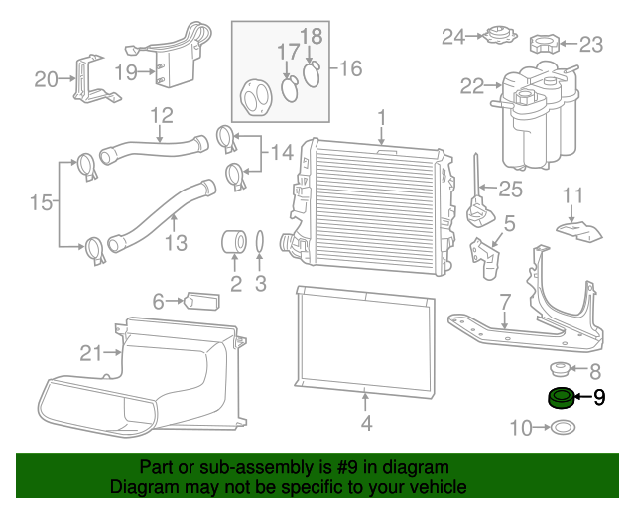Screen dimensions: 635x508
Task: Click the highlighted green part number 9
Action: click(561, 398)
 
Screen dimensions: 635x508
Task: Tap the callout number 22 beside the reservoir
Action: click(472, 86)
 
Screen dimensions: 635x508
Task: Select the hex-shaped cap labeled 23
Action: click(545, 44)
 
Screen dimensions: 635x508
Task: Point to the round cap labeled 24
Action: click(501, 36)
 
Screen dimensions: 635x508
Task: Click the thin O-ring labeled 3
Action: click(260, 243)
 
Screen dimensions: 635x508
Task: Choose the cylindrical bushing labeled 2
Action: click(234, 241)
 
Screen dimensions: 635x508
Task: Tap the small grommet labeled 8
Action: click(560, 369)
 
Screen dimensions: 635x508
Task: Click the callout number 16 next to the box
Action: click(350, 68)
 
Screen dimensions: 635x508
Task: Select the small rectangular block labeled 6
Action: click(201, 301)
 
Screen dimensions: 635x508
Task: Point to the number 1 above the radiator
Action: click(381, 118)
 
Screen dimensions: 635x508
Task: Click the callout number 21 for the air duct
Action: click(91, 353)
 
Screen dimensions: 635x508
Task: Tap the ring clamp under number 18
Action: click(312, 74)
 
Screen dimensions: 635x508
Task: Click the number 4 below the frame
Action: click(366, 424)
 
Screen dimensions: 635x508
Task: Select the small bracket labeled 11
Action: click(579, 230)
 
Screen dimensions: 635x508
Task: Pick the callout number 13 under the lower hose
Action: click(176, 243)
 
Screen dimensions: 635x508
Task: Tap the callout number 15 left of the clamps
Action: click(42, 202)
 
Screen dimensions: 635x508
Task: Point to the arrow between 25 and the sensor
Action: click(488, 188)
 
